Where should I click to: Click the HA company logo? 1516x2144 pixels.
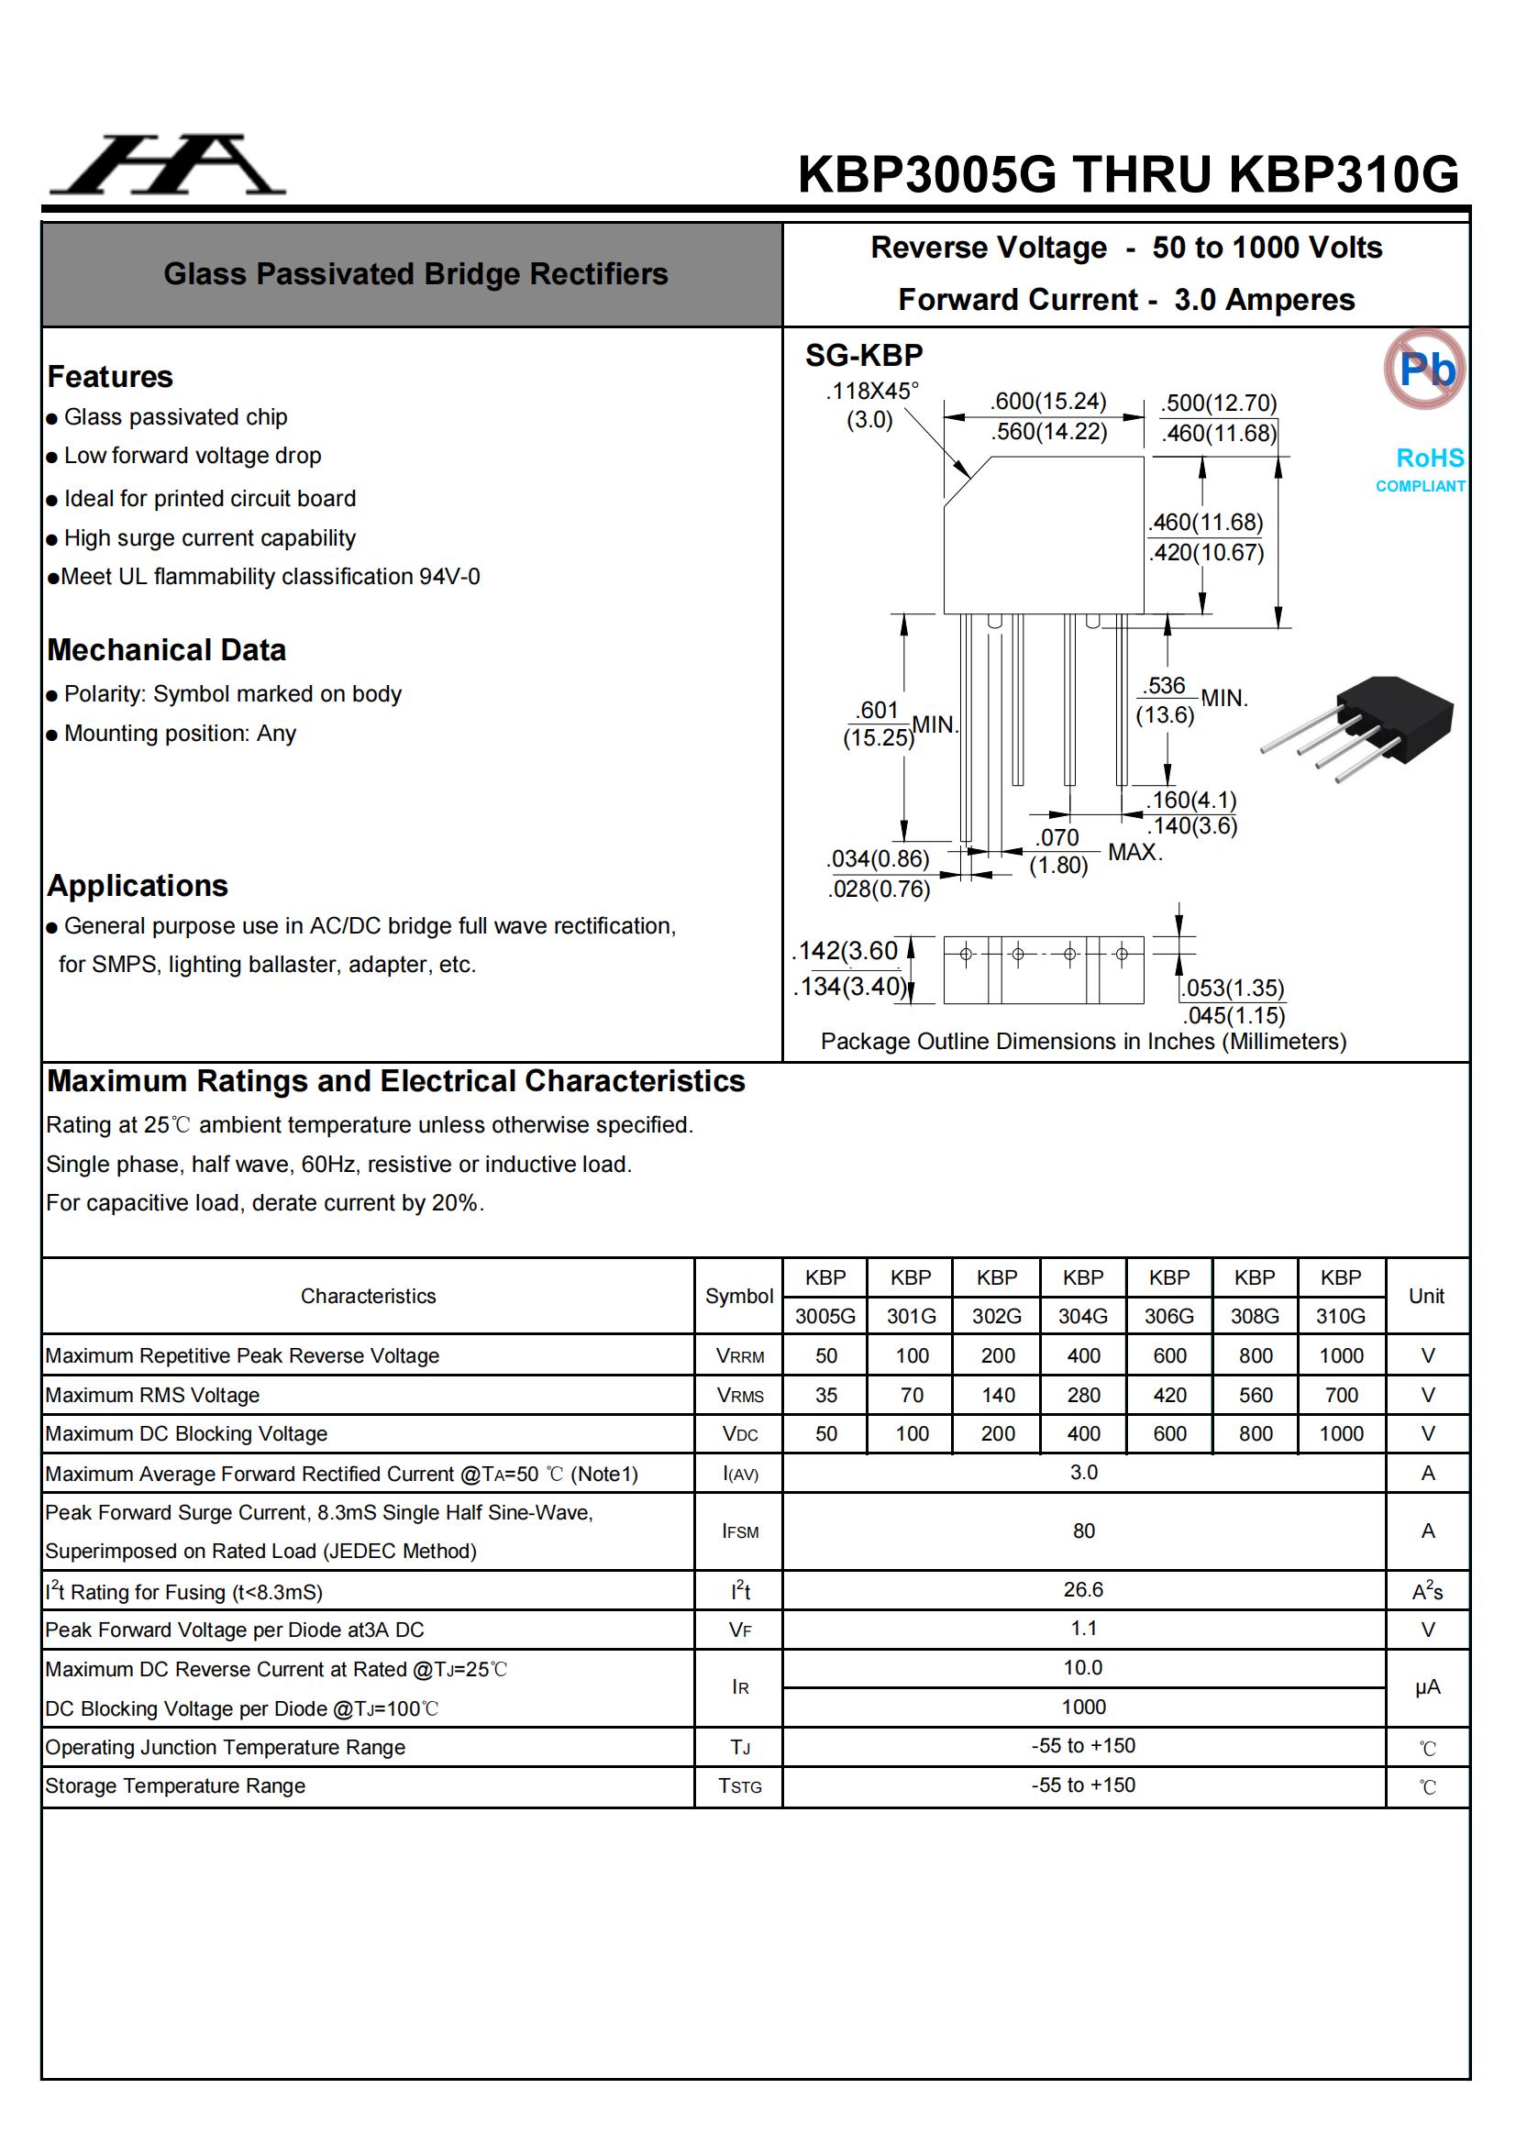point(168,165)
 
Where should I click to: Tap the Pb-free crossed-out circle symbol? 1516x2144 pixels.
point(1423,369)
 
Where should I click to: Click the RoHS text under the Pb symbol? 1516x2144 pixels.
point(1429,459)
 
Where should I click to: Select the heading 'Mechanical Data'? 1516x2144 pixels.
point(166,650)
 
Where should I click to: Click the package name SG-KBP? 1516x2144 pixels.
point(864,356)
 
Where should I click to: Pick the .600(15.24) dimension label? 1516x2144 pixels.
point(1048,402)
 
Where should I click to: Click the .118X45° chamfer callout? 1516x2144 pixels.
point(871,392)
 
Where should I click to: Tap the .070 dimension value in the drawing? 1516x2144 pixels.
point(1057,837)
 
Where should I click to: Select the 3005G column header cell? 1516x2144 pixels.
point(824,1316)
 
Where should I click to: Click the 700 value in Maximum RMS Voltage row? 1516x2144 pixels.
point(1341,1395)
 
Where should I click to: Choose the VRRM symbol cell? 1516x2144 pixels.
point(740,1356)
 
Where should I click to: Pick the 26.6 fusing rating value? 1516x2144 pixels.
point(1082,1589)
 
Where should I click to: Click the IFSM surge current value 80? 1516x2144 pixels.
point(1083,1531)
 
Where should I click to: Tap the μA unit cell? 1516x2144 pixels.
point(1426,1686)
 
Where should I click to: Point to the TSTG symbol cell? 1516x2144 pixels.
point(740,1785)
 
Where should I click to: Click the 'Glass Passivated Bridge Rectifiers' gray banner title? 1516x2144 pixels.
point(415,273)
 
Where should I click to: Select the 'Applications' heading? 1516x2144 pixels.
point(138,885)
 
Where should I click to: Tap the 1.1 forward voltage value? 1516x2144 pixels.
point(1083,1629)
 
